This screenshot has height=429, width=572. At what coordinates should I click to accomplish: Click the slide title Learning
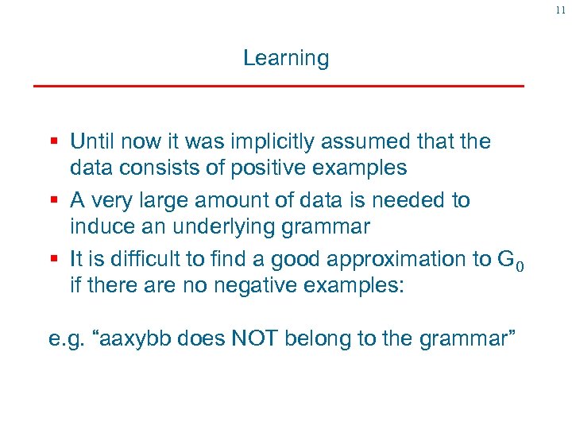point(285,58)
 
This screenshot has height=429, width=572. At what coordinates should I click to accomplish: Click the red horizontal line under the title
point(278,85)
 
